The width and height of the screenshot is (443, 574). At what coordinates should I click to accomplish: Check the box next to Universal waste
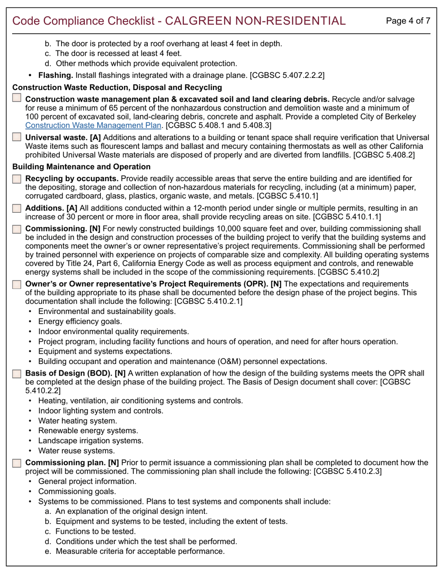point(17,137)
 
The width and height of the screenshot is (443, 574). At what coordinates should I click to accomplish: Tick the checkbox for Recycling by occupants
point(17,178)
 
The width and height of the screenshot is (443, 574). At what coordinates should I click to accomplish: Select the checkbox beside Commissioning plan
point(17,463)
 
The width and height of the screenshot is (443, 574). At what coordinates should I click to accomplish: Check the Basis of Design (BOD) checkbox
point(17,373)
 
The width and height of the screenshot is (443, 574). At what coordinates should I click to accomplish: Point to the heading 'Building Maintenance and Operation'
point(81,167)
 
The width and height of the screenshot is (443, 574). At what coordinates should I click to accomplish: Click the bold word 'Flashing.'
point(55,75)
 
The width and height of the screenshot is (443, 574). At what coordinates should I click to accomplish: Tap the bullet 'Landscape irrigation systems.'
point(90,441)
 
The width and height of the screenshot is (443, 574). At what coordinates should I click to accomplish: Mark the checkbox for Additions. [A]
point(17,208)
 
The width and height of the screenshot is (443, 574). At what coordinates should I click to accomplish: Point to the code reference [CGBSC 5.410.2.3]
point(347,471)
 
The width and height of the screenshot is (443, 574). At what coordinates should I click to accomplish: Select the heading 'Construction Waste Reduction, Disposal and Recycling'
point(117,87)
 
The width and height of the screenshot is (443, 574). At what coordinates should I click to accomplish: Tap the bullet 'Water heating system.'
point(77,421)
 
